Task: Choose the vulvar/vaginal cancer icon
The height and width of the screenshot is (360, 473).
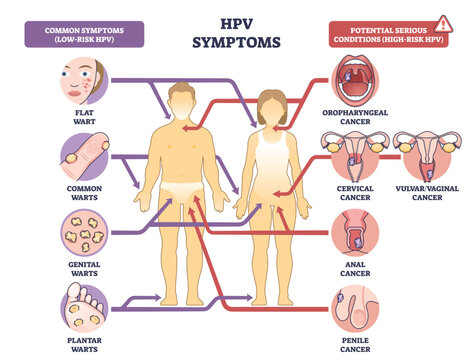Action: [420, 155]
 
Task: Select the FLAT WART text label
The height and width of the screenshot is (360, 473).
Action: [82, 120]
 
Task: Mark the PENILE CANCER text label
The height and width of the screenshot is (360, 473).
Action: [356, 344]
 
